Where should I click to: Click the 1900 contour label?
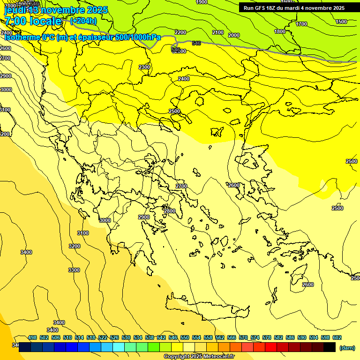coord(202,2)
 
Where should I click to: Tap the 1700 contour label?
coord(301,24)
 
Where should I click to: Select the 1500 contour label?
coord(341,22)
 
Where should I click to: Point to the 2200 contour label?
coord(180,32)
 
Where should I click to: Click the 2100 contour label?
coord(218,32)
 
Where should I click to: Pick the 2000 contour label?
coord(234,35)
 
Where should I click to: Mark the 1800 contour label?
coord(280,31)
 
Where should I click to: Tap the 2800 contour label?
coord(169,211)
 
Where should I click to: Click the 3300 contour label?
coord(74,270)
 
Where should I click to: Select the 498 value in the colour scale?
coord(32,337)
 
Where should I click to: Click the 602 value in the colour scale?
coord(337,337)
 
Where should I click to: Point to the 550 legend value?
coord(185,337)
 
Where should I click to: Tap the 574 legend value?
coord(255,337)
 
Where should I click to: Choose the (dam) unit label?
coord(347,348)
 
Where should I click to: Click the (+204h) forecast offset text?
coord(83,21)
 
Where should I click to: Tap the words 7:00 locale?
coord(33,21)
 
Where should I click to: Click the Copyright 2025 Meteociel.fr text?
coord(199,357)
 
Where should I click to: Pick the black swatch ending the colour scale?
coord(329,347)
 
